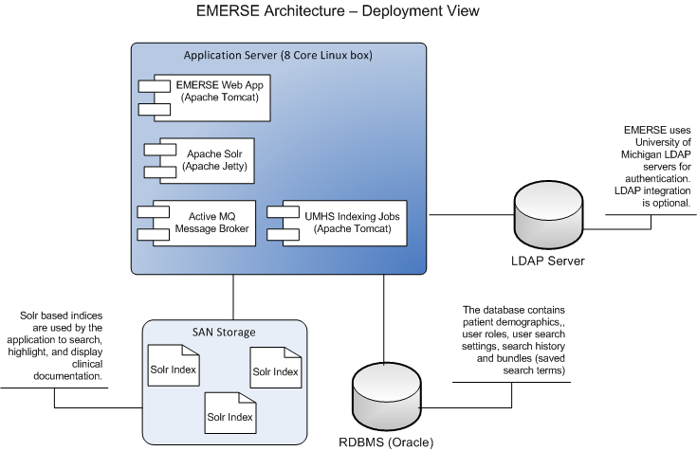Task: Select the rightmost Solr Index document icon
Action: (x=275, y=370)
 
